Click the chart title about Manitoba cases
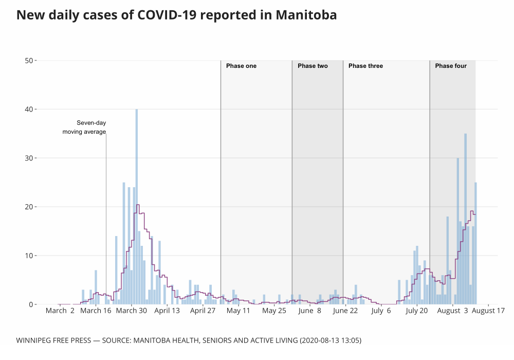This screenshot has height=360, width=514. tap(176, 15)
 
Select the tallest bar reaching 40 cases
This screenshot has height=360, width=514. tap(137, 206)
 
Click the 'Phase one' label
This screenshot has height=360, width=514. tap(241, 66)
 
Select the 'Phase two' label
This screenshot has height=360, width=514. tap(313, 66)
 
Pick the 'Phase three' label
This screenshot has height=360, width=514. tap(365, 66)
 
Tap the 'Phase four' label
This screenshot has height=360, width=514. tap(451, 66)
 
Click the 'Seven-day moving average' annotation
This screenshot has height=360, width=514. tap(84, 128)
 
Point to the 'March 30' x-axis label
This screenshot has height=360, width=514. tap(132, 311)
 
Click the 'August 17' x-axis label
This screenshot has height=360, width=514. tap(488, 311)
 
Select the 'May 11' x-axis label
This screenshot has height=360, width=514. tap(238, 311)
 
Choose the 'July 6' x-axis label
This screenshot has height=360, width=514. tap(381, 311)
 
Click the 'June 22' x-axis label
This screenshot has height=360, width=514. tap(345, 311)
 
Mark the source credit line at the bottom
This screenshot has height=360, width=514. tap(185, 340)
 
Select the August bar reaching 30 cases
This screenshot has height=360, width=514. tap(458, 231)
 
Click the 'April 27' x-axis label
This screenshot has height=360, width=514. tap(203, 311)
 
